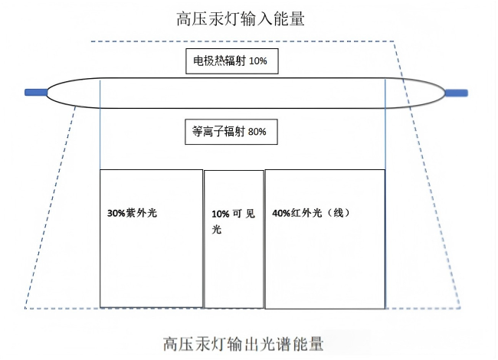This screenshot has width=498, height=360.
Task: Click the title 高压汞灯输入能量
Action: pos(241,18)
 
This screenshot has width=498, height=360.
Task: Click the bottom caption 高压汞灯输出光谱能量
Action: pos(243,344)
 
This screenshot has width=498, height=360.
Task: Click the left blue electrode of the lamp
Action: pos(35,93)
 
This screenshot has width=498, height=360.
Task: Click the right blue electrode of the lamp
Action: pos(457,93)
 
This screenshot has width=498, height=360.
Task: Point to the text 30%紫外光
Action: pos(132,212)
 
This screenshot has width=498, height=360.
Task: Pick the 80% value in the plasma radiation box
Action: pos(257,132)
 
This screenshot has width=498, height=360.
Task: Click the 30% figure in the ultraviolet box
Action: pos(116,212)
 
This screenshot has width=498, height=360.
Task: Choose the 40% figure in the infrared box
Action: pos(280,213)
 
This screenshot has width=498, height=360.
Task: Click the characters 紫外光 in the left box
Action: pos(140,212)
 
